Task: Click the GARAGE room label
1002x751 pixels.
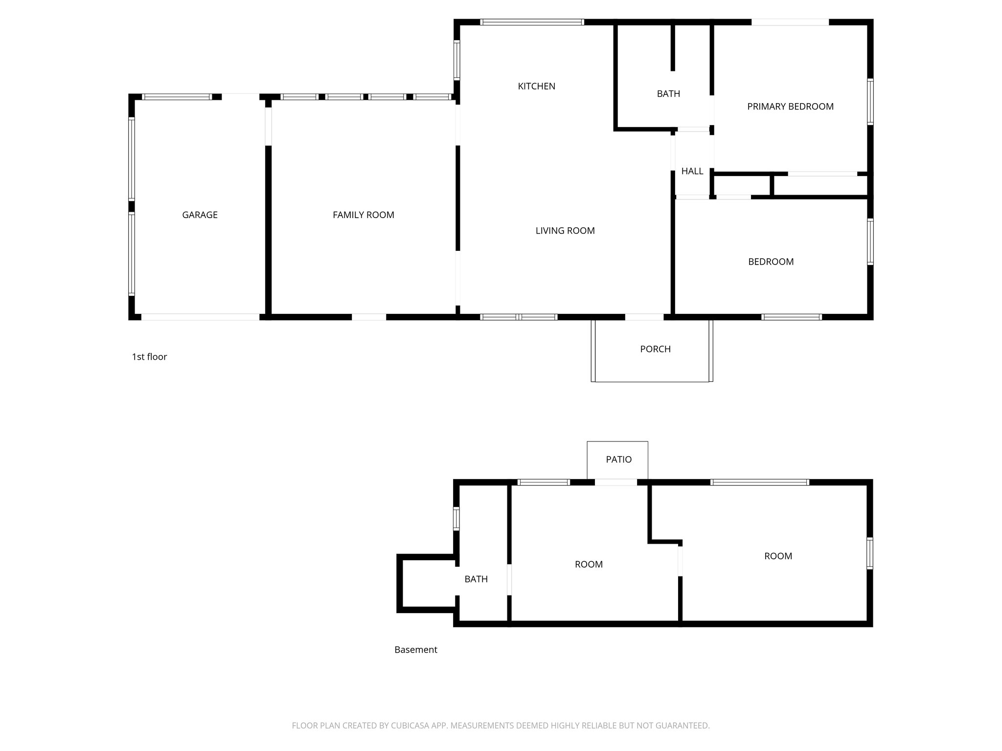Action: [200, 215]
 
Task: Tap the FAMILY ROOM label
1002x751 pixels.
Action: [363, 215]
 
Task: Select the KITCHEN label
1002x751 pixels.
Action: [536, 86]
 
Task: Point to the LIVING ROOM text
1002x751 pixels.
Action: [565, 230]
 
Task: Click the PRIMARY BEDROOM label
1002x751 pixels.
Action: [790, 107]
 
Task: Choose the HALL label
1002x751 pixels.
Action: [692, 171]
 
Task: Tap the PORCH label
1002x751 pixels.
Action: [655, 349]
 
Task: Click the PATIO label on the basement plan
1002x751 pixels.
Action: [618, 459]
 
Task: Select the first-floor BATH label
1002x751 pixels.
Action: [668, 94]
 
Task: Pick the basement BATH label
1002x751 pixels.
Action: [476, 579]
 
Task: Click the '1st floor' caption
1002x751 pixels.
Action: [149, 357]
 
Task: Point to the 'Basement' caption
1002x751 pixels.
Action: [416, 650]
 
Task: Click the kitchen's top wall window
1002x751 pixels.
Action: [532, 22]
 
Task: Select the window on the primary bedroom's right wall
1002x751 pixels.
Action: [870, 102]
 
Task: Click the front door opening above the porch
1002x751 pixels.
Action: [644, 317]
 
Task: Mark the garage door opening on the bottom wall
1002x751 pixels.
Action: [200, 317]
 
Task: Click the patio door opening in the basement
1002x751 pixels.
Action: [615, 482]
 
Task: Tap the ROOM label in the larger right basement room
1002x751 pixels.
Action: [778, 556]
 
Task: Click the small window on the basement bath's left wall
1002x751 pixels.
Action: [456, 519]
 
